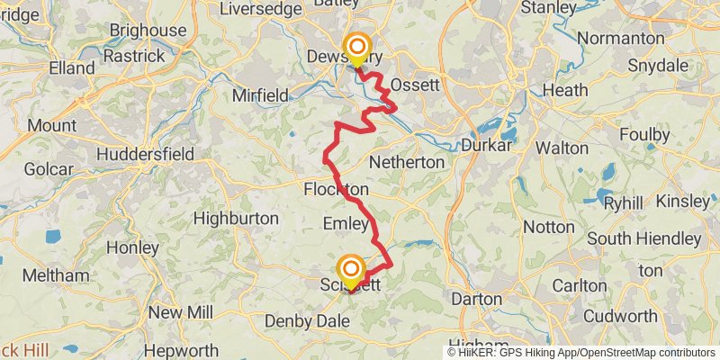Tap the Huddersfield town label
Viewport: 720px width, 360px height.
144,154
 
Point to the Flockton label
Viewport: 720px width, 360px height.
336,190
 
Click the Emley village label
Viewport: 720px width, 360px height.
346,224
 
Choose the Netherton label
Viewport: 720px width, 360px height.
407,163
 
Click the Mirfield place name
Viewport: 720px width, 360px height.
260,94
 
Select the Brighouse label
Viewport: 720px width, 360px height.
147,31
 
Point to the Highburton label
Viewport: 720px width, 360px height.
235,217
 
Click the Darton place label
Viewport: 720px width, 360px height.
476,298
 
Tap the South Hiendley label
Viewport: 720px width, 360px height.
643,238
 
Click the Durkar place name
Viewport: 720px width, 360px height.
486,144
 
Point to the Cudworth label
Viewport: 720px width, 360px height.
620,316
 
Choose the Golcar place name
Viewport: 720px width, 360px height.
43,167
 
